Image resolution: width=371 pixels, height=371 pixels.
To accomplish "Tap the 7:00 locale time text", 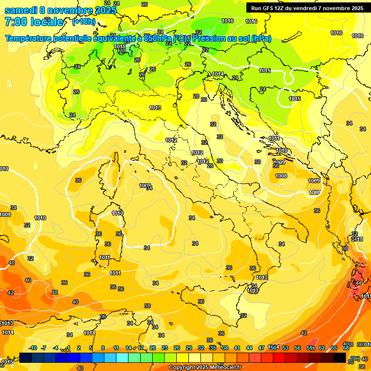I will click(x=33, y=22).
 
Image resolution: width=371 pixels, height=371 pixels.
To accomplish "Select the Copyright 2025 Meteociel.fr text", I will click(x=205, y=367).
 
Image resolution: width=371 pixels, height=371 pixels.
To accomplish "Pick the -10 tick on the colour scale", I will click(x=33, y=348).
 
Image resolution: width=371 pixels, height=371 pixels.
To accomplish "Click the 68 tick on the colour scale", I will click(x=346, y=348).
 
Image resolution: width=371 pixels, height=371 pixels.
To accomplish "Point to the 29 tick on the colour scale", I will click(x=189, y=348).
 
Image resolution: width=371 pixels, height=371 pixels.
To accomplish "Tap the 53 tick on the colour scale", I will click(x=285, y=348).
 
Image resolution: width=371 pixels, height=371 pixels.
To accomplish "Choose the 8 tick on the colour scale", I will click(x=103, y=348).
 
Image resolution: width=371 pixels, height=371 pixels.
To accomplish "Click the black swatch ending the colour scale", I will click(x=339, y=357).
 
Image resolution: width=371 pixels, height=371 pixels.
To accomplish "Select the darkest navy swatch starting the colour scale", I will click(x=26, y=357).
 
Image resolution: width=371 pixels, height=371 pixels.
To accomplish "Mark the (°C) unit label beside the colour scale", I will click(x=355, y=358).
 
